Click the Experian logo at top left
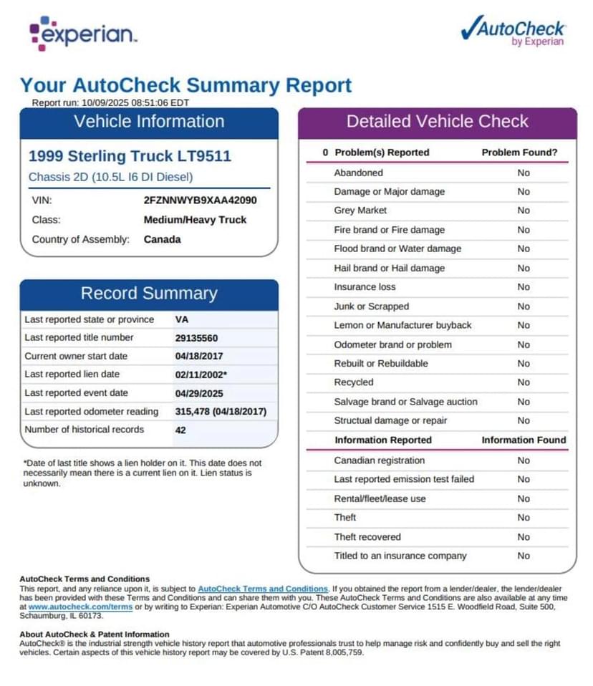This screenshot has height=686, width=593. [82, 34]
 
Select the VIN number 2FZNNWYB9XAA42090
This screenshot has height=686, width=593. [200, 201]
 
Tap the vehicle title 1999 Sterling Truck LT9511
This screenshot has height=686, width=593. [130, 156]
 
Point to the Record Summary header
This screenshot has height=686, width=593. [148, 294]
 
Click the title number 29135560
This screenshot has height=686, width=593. [196, 338]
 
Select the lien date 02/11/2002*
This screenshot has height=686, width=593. [201, 375]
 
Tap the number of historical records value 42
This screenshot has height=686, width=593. [180, 430]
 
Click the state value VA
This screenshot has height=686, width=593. [182, 319]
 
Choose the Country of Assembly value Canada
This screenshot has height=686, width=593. [162, 239]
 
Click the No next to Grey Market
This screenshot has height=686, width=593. [524, 211]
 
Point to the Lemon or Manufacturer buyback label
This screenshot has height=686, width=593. [402, 325]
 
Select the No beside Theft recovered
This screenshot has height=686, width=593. [524, 536]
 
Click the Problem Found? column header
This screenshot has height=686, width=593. [519, 153]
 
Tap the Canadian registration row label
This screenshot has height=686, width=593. [379, 460]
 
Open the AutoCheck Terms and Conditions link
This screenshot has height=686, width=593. [263, 588]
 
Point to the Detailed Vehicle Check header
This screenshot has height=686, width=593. [437, 122]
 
